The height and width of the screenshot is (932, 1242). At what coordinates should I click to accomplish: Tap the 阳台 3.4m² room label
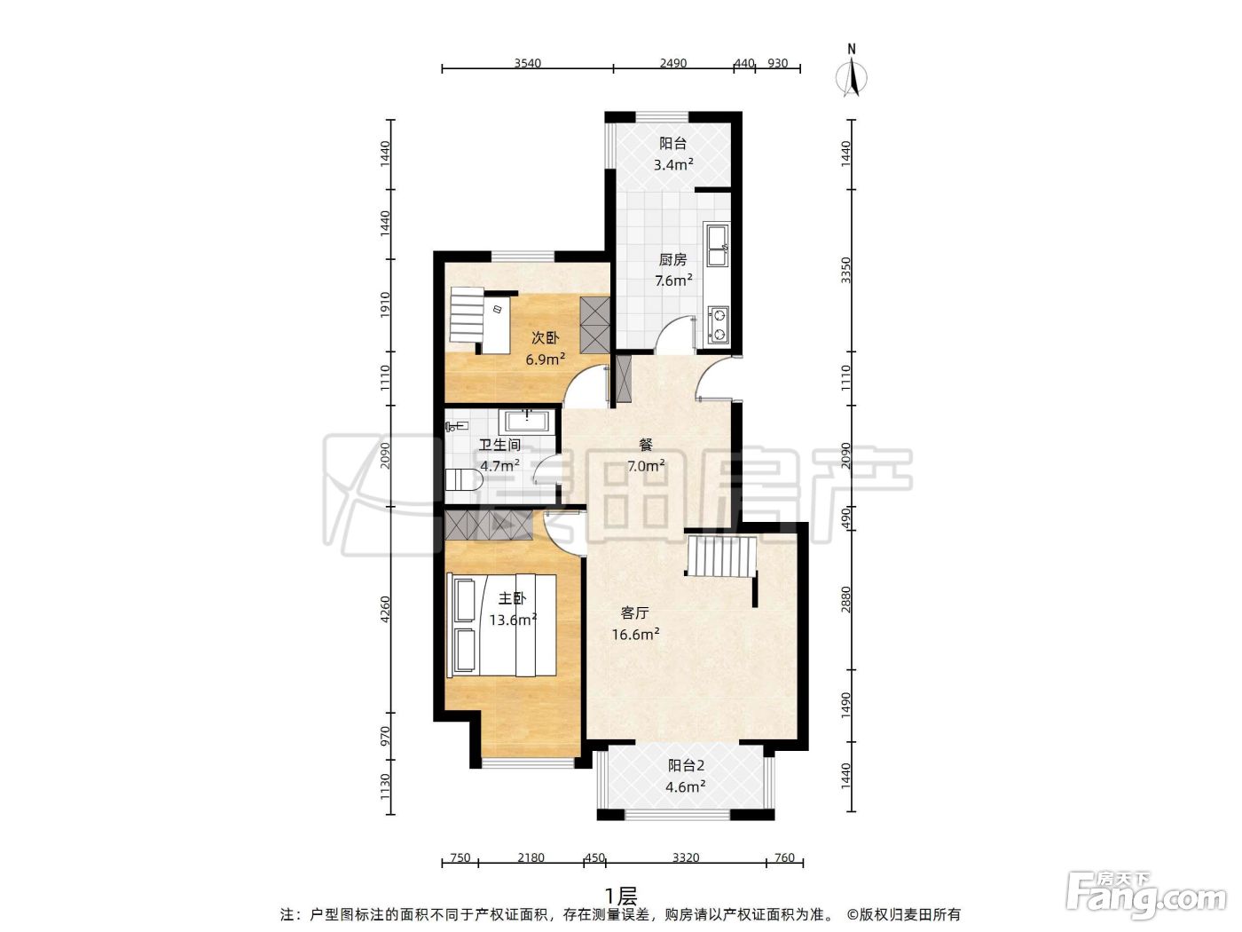pos(673,154)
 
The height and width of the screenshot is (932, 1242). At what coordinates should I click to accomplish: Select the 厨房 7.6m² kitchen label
pos(673,270)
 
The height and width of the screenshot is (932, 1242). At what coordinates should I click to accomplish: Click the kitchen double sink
pos(716,244)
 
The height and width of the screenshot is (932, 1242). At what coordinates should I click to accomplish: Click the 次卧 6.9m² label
pos(545,348)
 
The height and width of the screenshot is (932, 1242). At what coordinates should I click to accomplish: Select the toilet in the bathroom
pos(463,480)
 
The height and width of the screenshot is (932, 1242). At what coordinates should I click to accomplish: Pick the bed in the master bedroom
pos(501,625)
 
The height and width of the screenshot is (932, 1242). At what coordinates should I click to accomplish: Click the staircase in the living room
pos(721,557)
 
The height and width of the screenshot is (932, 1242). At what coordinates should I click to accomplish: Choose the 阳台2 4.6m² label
pos(686,776)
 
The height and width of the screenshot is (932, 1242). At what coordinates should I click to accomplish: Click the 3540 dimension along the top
pos(527,63)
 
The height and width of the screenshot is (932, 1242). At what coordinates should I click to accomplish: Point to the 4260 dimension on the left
pos(385,610)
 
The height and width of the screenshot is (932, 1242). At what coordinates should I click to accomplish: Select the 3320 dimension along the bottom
pos(686,857)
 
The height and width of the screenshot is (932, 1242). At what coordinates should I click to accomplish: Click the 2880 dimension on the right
pos(845,600)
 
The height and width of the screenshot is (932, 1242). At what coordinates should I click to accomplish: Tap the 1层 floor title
pos(621,896)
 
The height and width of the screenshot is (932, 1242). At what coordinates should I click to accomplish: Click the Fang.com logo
pos(1146,896)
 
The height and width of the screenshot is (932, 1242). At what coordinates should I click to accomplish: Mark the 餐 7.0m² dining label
pos(646,455)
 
